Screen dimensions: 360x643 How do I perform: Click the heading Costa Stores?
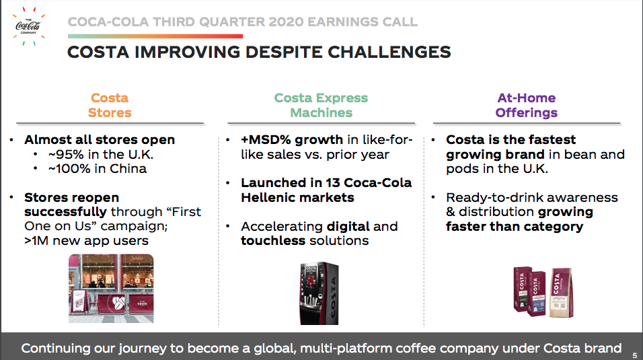tap(110, 105)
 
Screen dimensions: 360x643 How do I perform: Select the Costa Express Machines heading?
tap(321, 105)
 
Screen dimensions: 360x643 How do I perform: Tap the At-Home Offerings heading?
tap(526, 105)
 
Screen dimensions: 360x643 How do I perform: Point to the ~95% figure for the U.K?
tap(63, 154)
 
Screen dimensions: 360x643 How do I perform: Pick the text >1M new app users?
tap(86, 240)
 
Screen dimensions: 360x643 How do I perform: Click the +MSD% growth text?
tap(293, 140)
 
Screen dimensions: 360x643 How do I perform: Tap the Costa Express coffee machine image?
tap(319, 294)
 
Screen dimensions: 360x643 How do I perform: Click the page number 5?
tap(635, 353)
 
